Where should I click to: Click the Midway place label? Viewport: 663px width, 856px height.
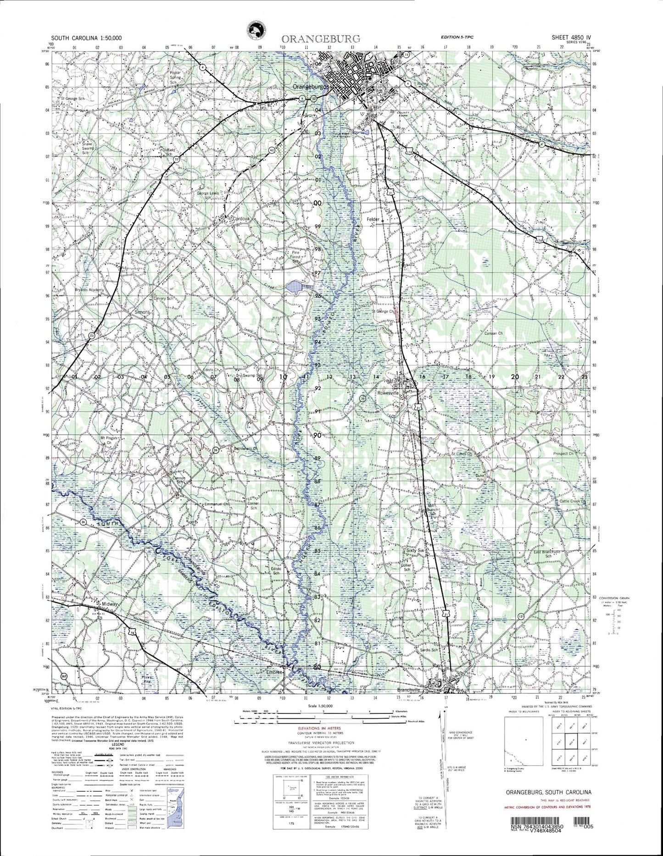tap(110, 604)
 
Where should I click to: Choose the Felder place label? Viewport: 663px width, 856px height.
tap(373, 220)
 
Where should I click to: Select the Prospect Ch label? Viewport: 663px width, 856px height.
tap(563, 453)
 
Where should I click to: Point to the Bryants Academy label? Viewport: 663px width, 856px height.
tap(89, 290)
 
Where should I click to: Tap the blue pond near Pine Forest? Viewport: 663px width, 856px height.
tap(294, 288)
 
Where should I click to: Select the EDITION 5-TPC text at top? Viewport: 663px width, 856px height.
tap(457, 37)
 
